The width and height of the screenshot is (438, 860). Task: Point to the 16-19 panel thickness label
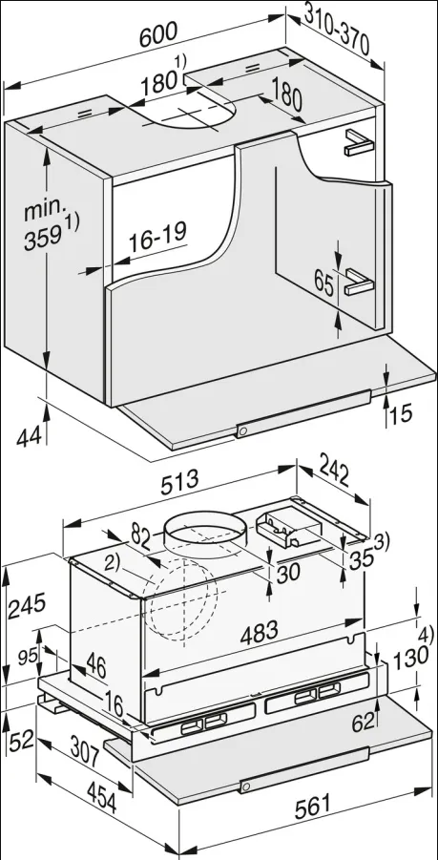pyautogui.click(x=157, y=237)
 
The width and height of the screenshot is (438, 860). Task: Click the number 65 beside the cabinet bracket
pyautogui.click(x=324, y=283)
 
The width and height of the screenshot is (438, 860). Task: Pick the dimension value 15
pyautogui.click(x=402, y=413)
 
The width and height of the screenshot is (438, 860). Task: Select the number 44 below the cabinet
pyautogui.click(x=29, y=437)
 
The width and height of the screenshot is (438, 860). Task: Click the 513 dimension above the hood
pyautogui.click(x=179, y=482)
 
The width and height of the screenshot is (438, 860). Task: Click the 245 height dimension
pyautogui.click(x=27, y=605)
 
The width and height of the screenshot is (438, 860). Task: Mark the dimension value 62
pyautogui.click(x=363, y=723)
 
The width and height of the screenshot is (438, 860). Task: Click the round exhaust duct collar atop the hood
pyautogui.click(x=203, y=533)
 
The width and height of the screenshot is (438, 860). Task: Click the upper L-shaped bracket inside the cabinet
pyautogui.click(x=359, y=141)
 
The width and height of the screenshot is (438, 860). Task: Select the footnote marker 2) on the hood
pyautogui.click(x=113, y=564)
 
